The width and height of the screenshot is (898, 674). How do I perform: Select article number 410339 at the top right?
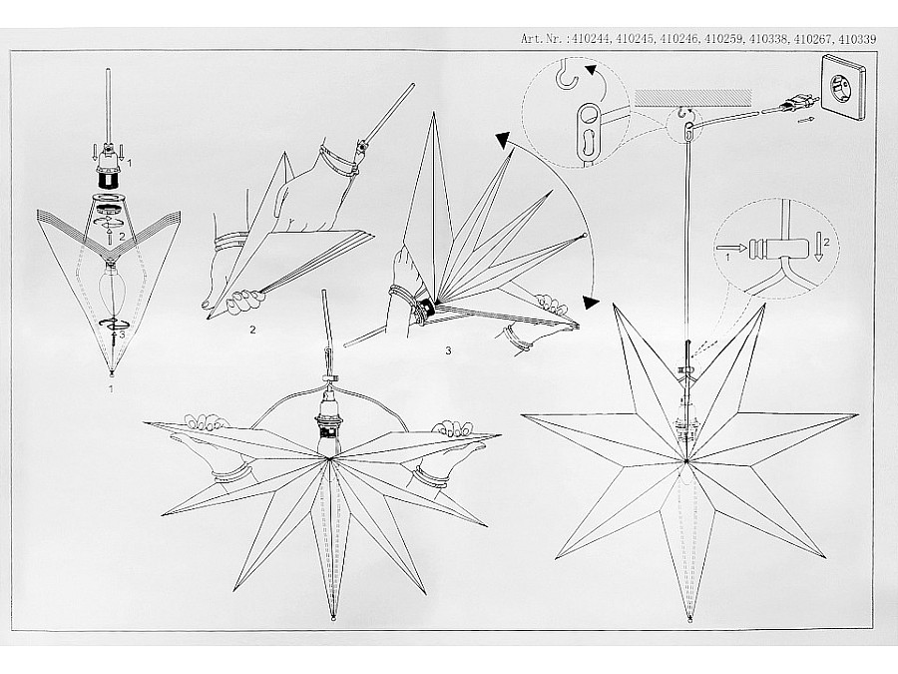click(857, 39)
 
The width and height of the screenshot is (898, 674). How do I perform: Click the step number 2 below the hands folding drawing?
click(252, 330)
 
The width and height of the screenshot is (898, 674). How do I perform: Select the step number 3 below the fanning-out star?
click(448, 350)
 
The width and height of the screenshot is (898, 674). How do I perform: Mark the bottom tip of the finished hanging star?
click(689, 619)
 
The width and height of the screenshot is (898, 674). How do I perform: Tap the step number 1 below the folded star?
click(111, 389)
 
